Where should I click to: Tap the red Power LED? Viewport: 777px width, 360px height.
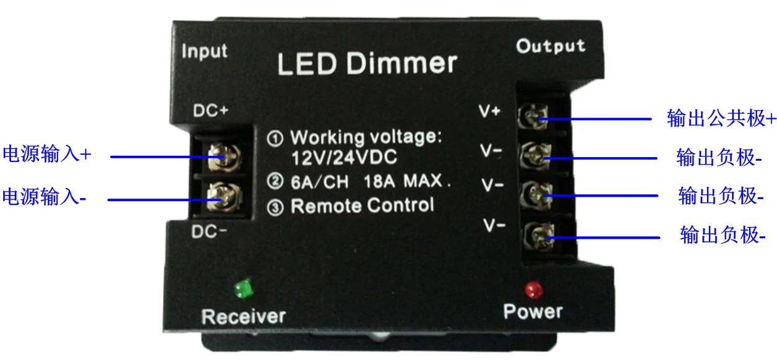[531, 289]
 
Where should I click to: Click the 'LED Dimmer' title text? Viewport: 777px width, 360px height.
[367, 64]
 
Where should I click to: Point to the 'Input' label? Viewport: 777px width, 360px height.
[205, 51]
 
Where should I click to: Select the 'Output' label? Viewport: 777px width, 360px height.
[551, 46]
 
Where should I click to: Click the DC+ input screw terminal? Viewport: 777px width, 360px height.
[218, 158]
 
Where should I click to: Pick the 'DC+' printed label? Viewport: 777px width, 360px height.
[211, 111]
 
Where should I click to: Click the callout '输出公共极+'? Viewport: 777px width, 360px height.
[721, 118]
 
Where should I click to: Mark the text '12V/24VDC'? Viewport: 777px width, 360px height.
[344, 158]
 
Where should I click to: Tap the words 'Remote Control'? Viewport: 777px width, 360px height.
[362, 205]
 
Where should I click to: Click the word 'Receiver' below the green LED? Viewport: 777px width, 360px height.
[244, 317]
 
